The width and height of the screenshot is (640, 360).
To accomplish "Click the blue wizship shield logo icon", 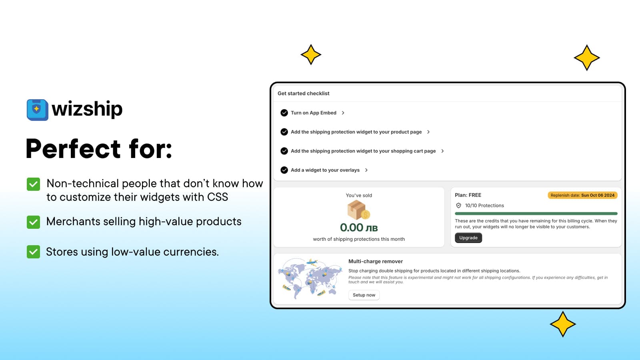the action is point(38,110).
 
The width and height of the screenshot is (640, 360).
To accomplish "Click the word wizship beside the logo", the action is point(87,109).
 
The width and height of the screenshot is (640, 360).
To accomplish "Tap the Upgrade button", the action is point(468,238).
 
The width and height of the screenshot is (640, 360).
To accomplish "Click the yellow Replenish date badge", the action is point(582,195).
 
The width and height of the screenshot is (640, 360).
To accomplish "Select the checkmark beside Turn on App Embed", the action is point(284,113).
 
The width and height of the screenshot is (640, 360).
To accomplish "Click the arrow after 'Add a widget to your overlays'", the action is point(366,170).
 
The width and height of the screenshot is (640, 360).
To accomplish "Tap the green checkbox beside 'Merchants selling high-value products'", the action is point(34,222).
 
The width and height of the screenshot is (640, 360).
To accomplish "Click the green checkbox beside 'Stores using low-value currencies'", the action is point(34,252).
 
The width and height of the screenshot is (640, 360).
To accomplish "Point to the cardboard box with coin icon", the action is point(358,210).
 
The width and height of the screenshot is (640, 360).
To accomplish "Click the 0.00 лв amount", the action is point(359,228).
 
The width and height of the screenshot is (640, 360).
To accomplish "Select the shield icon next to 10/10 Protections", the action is point(458,206).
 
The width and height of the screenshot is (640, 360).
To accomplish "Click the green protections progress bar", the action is point(536,214).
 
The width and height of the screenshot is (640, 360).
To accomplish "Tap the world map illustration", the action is point(310,278).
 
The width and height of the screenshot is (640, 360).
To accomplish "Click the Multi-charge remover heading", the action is point(376,262).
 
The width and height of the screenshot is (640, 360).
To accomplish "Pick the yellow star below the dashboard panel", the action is point(562,324).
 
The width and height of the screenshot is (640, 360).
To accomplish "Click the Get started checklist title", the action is point(304,94).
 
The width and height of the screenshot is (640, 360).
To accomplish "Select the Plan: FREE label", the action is point(468,195).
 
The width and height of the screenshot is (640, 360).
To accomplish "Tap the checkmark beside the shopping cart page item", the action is point(284,151).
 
